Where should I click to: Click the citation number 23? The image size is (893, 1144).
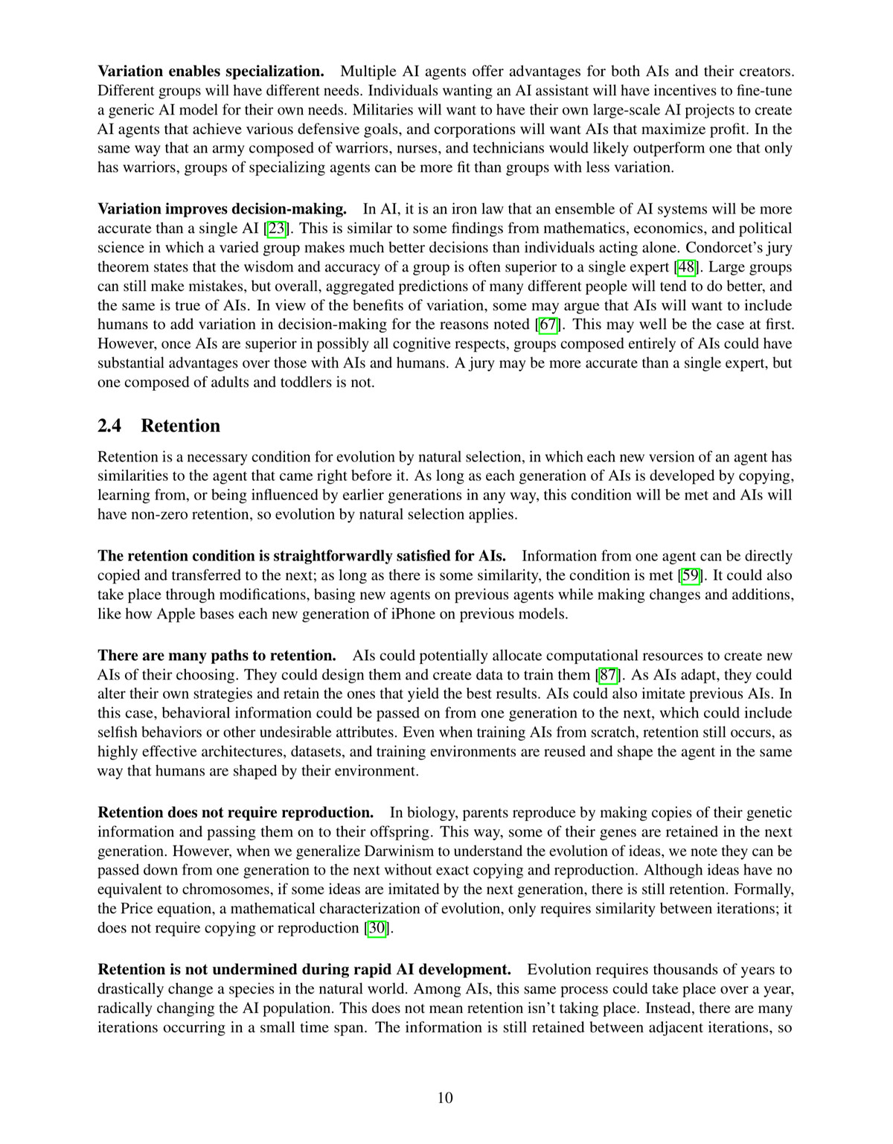(276, 229)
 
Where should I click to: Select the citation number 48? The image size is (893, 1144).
(686, 267)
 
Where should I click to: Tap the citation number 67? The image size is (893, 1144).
(548, 325)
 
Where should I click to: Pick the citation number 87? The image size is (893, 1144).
(609, 675)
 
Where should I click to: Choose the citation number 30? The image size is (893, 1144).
(378, 928)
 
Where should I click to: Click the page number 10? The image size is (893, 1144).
(445, 1098)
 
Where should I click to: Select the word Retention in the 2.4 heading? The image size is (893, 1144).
(181, 426)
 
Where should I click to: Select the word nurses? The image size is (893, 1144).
(375, 148)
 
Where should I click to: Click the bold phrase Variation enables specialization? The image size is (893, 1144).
(211, 71)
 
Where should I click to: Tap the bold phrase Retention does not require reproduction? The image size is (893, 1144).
(235, 812)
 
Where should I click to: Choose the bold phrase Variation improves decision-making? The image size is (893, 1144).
(222, 209)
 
